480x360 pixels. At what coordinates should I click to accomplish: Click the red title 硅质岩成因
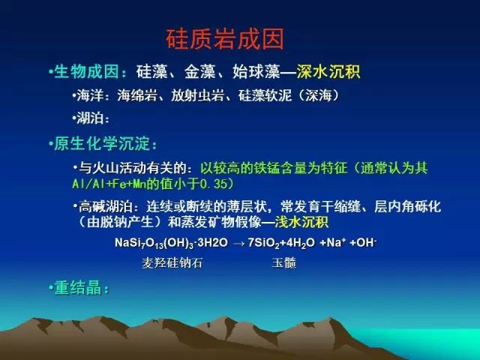click(x=225, y=39)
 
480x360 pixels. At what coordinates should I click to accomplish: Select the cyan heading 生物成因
click(x=86, y=72)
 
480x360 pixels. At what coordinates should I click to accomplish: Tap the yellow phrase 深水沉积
click(x=328, y=72)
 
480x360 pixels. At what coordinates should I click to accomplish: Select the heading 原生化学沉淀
click(x=102, y=143)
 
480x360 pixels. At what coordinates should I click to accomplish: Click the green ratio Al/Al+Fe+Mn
click(x=109, y=184)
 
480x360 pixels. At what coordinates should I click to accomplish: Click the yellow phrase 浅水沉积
click(x=301, y=222)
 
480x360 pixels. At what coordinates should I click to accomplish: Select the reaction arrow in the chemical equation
click(x=238, y=243)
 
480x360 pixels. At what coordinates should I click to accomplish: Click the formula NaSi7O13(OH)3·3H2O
click(x=172, y=243)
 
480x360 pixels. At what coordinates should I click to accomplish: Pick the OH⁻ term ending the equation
click(x=367, y=243)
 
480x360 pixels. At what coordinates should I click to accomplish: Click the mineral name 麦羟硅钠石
click(x=172, y=263)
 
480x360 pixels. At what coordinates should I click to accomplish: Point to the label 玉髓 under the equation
click(x=283, y=263)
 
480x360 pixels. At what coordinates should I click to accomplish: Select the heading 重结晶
click(x=78, y=288)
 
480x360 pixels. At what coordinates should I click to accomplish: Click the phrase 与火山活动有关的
click(x=133, y=168)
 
